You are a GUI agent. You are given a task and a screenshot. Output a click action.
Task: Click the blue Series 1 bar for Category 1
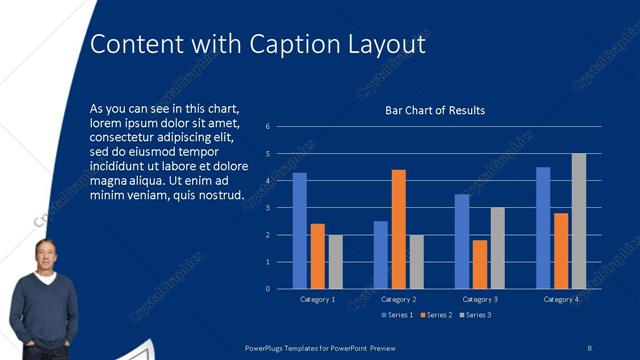click(x=299, y=231)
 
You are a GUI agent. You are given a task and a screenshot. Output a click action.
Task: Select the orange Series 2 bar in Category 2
click(x=398, y=229)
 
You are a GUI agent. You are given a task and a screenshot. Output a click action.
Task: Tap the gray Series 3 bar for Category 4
click(x=578, y=221)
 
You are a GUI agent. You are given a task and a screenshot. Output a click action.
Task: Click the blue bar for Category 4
click(x=543, y=228)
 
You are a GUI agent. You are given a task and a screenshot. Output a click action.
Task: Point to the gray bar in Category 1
click(x=335, y=262)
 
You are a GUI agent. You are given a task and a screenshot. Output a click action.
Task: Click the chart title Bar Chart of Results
click(x=435, y=110)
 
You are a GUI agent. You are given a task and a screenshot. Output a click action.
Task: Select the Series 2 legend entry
click(x=437, y=315)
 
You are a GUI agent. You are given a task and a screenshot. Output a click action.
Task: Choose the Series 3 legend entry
click(x=476, y=315)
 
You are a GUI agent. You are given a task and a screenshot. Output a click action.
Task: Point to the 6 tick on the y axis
click(x=268, y=127)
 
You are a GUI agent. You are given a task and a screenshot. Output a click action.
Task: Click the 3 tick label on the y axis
click(x=268, y=208)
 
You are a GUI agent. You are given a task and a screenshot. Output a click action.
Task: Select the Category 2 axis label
click(x=398, y=300)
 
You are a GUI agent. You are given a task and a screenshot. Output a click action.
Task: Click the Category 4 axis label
click(x=561, y=300)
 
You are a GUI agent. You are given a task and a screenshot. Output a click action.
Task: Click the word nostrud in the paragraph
click(x=219, y=194)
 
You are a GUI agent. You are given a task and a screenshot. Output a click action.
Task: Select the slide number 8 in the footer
click(x=589, y=347)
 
